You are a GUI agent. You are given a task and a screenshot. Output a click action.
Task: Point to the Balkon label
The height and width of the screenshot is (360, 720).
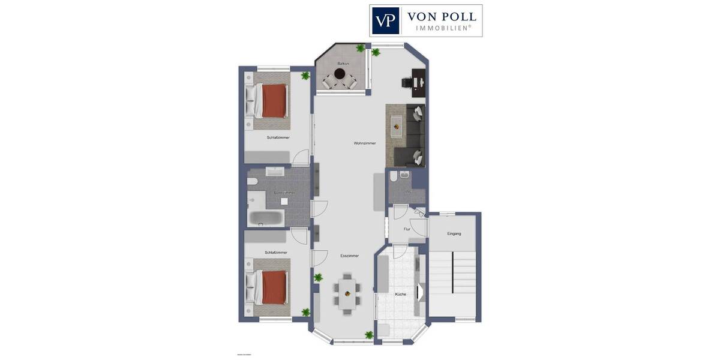(x=343, y=63)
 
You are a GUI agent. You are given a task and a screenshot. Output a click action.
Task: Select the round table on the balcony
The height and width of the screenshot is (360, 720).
(x=340, y=74)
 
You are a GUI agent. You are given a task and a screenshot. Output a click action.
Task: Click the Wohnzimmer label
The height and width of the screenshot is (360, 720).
(x=365, y=143)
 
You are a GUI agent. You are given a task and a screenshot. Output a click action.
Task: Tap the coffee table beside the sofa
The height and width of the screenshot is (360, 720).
(x=396, y=125)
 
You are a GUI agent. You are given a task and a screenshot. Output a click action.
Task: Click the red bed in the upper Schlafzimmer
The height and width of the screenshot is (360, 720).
(x=273, y=100)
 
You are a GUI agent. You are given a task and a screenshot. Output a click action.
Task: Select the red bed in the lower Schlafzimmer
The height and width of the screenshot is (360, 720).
(x=273, y=287)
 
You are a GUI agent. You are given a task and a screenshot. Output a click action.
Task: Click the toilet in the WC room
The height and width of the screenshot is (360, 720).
(x=393, y=176)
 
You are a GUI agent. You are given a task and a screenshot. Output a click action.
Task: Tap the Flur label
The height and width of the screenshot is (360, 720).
(x=407, y=229)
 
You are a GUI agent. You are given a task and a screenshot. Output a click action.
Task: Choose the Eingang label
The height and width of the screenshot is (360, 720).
(x=454, y=233)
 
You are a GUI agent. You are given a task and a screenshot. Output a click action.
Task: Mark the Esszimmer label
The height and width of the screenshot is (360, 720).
(x=349, y=256)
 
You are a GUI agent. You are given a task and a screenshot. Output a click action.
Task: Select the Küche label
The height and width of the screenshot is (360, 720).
(x=400, y=295)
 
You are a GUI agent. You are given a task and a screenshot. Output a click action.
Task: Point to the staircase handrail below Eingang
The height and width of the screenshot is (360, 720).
(x=452, y=273)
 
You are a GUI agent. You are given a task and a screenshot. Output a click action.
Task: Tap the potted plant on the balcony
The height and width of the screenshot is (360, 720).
(x=361, y=48)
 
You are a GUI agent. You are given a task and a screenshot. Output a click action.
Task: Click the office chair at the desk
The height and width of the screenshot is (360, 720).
(x=406, y=83)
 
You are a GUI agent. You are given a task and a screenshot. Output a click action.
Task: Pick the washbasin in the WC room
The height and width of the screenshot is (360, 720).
(x=404, y=175)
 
